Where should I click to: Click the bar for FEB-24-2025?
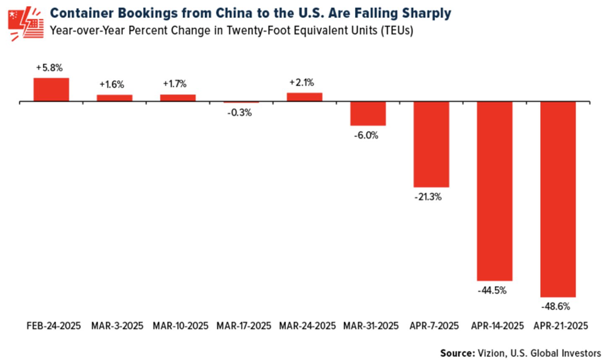click(x=51, y=90)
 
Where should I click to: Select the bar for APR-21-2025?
click(x=557, y=199)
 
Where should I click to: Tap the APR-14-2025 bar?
click(x=494, y=191)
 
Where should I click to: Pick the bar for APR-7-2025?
click(x=431, y=144)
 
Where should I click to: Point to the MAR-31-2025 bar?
click(x=367, y=113)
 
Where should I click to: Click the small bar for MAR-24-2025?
click(x=304, y=97)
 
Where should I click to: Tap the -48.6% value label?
click(x=557, y=305)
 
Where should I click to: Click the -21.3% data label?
click(x=431, y=197)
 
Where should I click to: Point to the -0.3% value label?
click(x=241, y=112)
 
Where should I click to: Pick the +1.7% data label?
click(x=177, y=84)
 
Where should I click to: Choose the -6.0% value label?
click(x=367, y=135)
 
